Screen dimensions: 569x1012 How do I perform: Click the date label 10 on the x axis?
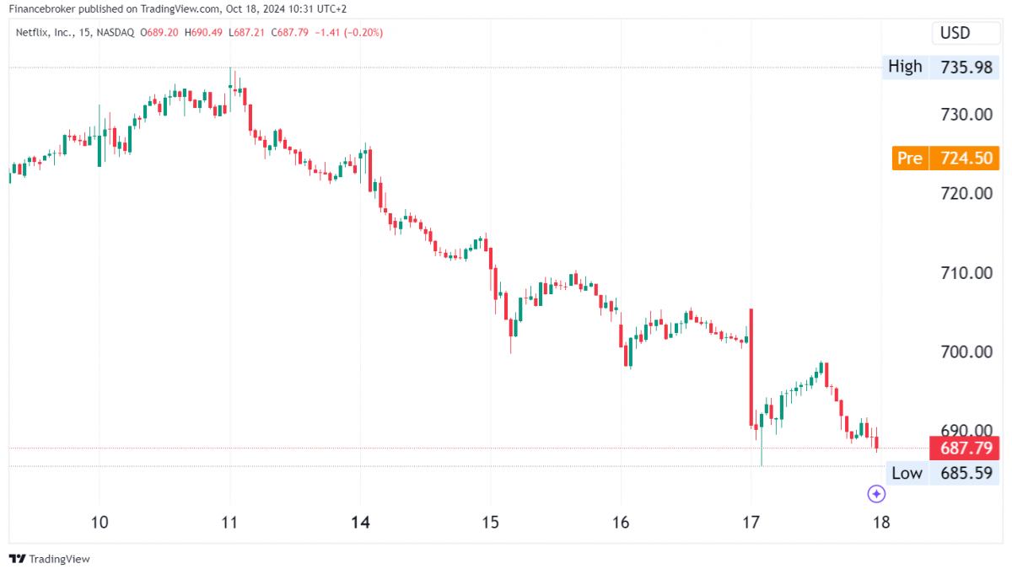(x=100, y=522)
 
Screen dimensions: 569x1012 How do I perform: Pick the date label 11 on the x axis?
(x=229, y=522)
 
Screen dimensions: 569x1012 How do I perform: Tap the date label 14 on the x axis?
(x=360, y=522)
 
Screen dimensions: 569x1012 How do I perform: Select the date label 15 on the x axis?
(x=491, y=522)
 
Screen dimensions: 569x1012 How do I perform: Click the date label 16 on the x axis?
(x=621, y=522)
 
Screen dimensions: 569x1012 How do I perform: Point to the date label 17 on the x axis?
(x=751, y=522)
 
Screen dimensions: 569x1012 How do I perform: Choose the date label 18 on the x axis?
(x=881, y=522)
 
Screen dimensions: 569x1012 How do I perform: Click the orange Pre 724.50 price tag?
(x=946, y=158)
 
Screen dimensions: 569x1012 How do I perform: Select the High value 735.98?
(x=966, y=67)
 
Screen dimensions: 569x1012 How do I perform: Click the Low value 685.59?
(x=966, y=473)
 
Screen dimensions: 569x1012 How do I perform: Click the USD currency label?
(x=955, y=33)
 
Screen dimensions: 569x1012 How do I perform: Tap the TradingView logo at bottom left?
(x=50, y=559)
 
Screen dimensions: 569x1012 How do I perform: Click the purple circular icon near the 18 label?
(x=876, y=494)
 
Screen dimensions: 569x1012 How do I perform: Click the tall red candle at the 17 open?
(x=750, y=368)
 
